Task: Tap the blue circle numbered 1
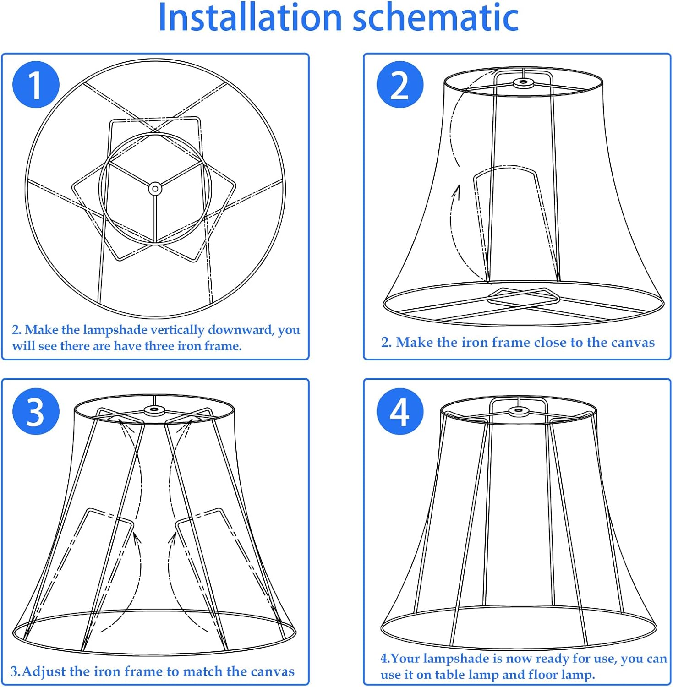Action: pos(36,85)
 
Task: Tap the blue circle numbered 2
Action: pos(400,85)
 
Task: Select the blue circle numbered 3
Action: pos(36,411)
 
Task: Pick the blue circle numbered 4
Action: pos(400,411)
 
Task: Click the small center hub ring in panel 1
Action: pos(155,188)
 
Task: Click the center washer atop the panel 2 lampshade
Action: pos(523,83)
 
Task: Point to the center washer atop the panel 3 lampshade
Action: pos(154,410)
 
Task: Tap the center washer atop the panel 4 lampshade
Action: pos(518,411)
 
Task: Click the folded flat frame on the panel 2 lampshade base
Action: pos(524,298)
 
